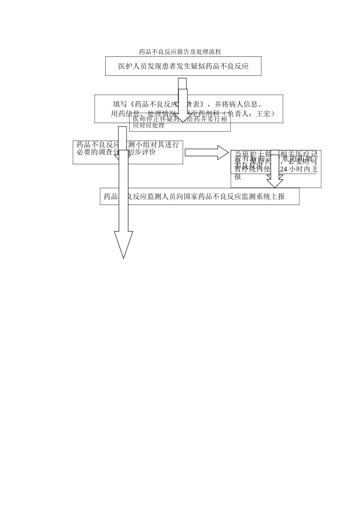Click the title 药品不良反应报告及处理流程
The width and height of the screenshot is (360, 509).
tap(180, 52)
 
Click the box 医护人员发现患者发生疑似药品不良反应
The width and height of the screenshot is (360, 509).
tap(183, 66)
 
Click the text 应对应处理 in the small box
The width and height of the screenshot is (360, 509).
tap(149, 126)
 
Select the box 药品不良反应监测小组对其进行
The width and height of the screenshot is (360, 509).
tap(128, 152)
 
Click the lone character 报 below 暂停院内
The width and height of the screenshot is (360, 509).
tap(238, 177)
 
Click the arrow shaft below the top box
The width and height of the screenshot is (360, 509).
tap(182, 83)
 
